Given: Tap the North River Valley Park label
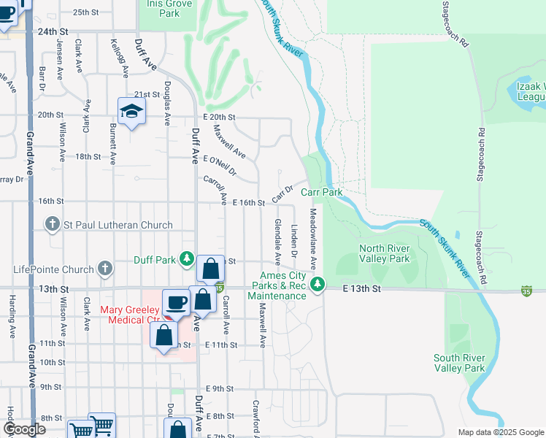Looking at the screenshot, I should (384, 253).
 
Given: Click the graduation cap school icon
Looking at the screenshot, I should (131, 111).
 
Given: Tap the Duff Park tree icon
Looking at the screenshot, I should (187, 259).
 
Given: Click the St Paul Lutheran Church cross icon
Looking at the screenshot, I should (52, 225).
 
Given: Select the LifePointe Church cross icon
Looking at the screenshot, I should (105, 269).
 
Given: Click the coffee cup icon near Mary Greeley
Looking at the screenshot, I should (177, 302).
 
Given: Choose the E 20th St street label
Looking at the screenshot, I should (220, 117).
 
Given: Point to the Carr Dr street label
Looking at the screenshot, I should (282, 193).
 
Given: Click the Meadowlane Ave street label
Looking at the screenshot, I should (312, 238).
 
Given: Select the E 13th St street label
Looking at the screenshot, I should (363, 289).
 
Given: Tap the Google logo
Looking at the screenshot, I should (25, 429).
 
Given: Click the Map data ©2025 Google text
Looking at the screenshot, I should (500, 432).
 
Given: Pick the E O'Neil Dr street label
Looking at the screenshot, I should (220, 166).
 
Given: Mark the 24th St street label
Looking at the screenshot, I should (53, 32).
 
